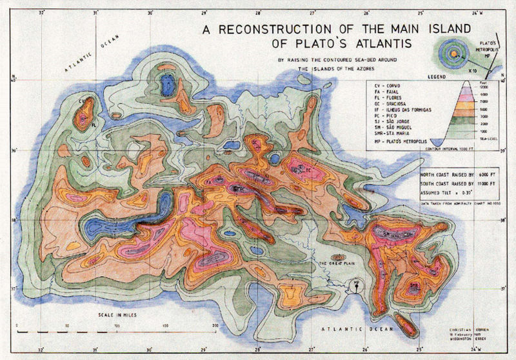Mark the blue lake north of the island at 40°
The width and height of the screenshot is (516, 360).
[x=168, y=83]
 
